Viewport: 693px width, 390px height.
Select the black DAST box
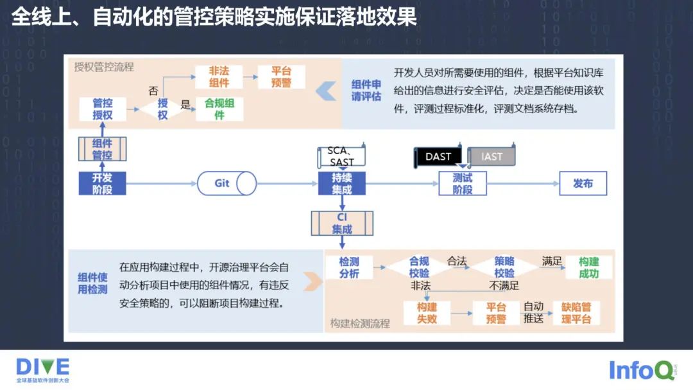(x=438, y=157)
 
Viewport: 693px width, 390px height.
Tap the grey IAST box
(x=492, y=157)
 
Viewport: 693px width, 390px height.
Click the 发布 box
(x=583, y=183)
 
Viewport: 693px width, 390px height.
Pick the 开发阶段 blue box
(x=102, y=183)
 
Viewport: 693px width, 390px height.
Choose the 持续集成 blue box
(x=341, y=183)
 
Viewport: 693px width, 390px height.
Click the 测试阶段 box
(x=462, y=184)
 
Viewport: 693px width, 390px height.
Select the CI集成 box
(x=341, y=223)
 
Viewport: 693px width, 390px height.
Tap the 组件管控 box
(x=102, y=149)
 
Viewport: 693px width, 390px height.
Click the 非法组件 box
(x=219, y=77)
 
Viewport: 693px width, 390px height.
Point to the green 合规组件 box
(x=219, y=109)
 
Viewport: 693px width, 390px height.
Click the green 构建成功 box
(x=588, y=267)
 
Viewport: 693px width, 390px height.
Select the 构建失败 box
(x=427, y=312)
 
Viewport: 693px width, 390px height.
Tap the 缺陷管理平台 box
(x=576, y=312)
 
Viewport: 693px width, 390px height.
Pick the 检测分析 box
(x=349, y=267)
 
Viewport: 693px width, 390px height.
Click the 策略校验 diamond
(x=504, y=267)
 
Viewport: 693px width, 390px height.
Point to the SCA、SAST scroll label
(x=341, y=156)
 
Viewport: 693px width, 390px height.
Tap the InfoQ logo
(x=641, y=370)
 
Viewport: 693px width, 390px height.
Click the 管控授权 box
(x=102, y=109)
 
